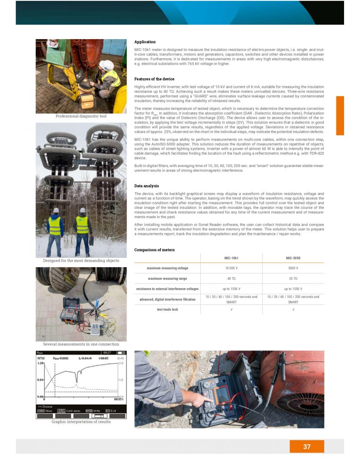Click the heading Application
(x=145, y=42)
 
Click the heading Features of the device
(x=154, y=79)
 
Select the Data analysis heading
(x=147, y=186)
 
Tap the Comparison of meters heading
(x=154, y=250)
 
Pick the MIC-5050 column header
(x=293, y=258)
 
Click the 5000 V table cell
(x=293, y=268)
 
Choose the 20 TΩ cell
(x=293, y=279)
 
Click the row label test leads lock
(x=167, y=309)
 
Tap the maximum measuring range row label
(x=167, y=279)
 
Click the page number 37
(x=307, y=446)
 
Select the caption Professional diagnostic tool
(x=81, y=116)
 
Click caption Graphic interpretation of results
(x=81, y=421)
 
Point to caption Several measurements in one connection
(x=81, y=344)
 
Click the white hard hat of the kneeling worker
(x=107, y=64)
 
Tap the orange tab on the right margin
(x=340, y=116)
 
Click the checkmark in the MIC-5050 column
(x=293, y=309)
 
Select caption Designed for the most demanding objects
(x=81, y=261)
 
